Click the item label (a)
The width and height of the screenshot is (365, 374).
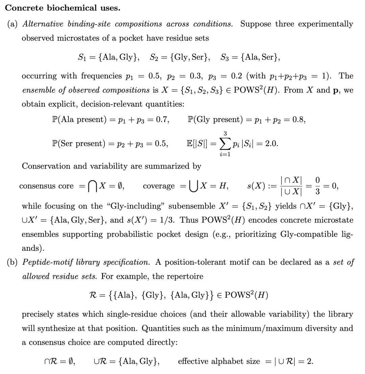pos(13,24)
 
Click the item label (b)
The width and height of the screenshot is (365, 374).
pos(13,262)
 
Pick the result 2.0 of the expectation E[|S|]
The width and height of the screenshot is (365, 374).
pos(272,144)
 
